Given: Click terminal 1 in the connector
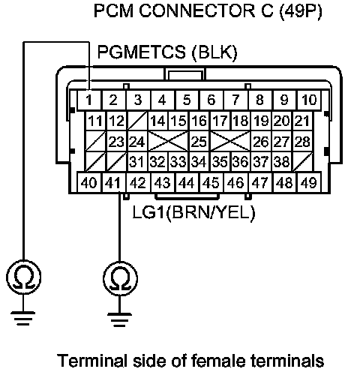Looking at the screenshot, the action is click(89, 100).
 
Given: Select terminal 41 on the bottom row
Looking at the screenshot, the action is click(113, 182).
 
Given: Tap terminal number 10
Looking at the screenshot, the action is click(309, 100).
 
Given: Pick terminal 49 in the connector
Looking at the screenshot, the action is click(309, 182).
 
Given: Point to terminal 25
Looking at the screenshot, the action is click(199, 141).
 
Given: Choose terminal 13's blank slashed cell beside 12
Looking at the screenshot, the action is click(137, 121).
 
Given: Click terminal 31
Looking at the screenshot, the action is click(137, 162).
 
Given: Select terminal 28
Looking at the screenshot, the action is click(302, 141).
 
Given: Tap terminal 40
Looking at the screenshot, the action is click(89, 182).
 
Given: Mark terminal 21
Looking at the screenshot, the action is click(302, 121).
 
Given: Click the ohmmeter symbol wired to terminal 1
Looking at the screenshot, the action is click(23, 277).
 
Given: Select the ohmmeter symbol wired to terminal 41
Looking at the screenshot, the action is click(120, 278).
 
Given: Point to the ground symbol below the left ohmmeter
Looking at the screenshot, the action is click(23, 318).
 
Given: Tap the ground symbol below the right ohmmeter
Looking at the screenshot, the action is click(120, 319).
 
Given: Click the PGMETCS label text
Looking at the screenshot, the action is click(142, 52).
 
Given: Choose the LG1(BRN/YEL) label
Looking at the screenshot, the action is click(193, 213).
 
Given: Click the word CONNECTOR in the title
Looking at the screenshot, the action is click(197, 11).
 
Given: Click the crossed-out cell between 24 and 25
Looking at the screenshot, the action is click(168, 141).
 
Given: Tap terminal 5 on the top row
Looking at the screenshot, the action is click(187, 100).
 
